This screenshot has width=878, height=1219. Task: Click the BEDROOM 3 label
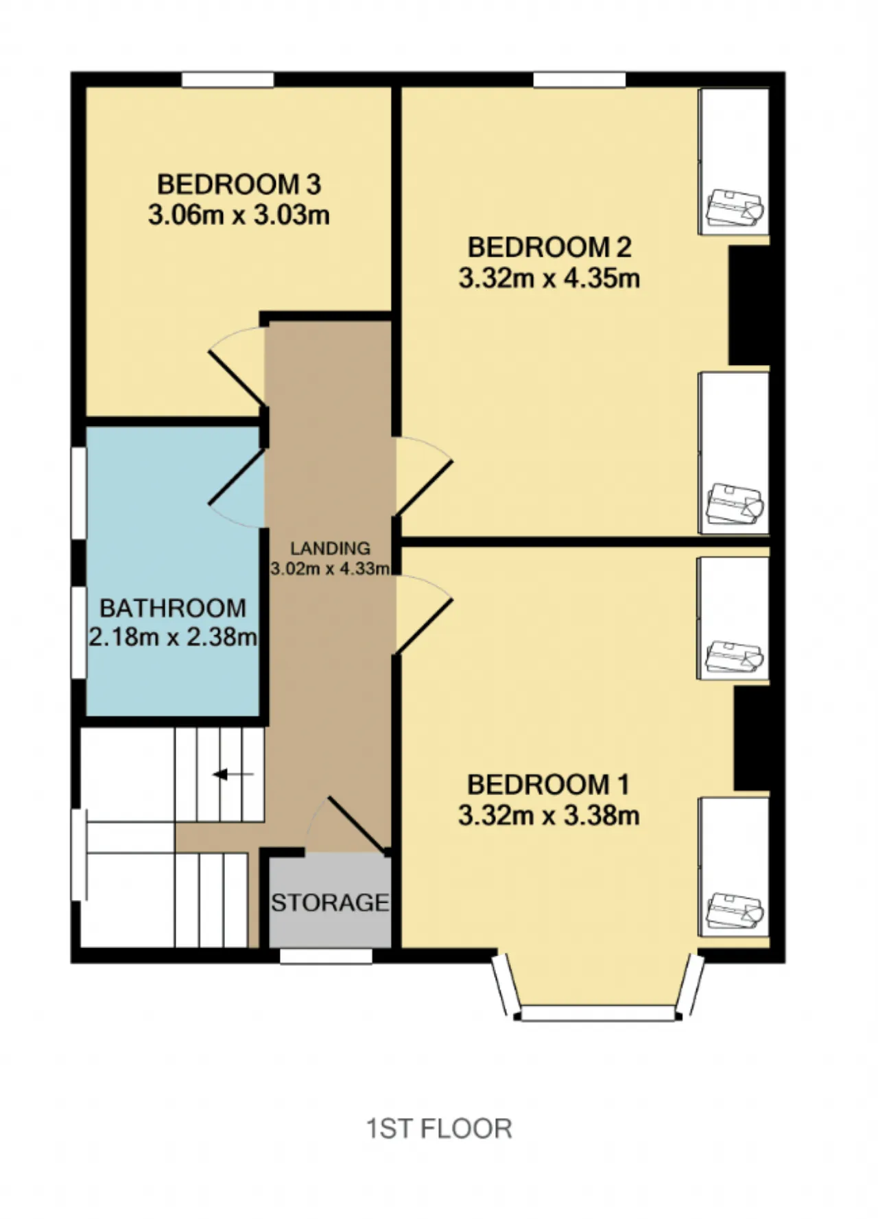pos(239,184)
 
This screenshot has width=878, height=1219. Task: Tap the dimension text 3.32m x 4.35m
pos(549,279)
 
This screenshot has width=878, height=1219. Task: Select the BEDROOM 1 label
pos(548,783)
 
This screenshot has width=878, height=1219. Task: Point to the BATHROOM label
pos(173,608)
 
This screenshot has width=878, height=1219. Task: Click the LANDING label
pos(330,548)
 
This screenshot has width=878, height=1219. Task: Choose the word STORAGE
pos(330,902)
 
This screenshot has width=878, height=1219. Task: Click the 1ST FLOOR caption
pos(439,1128)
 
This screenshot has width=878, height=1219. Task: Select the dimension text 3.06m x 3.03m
pos(239,215)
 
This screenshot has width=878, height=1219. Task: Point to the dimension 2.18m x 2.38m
pos(173,637)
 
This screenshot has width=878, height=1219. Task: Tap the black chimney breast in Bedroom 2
pos(748,305)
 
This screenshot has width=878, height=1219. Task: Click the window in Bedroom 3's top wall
pos(228,80)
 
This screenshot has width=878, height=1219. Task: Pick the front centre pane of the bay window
pos(597,1013)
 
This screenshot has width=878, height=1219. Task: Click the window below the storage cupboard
pos(327,956)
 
